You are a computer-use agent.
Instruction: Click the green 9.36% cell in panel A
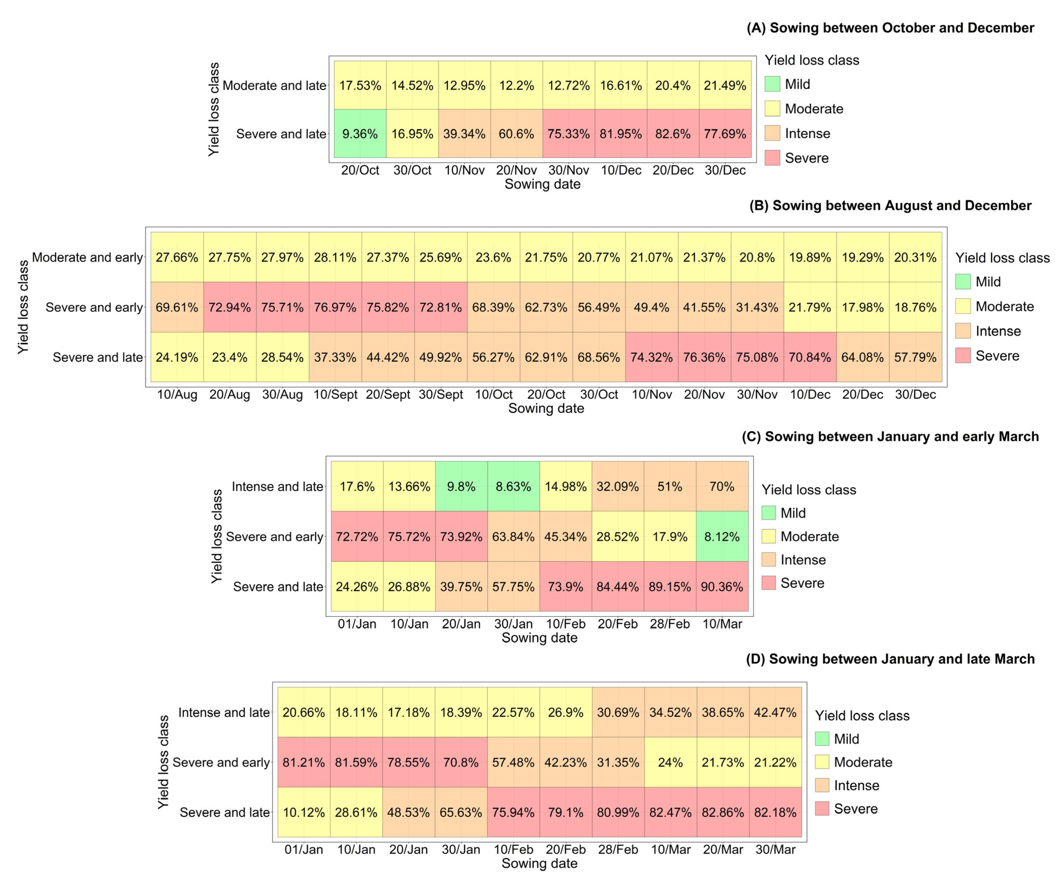pyautogui.click(x=360, y=134)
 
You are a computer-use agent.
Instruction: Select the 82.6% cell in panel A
pyautogui.click(x=673, y=134)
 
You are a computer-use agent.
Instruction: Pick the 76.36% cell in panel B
pyautogui.click(x=704, y=357)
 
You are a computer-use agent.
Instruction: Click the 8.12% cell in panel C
pyautogui.click(x=722, y=536)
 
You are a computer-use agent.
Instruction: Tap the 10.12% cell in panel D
pyautogui.click(x=303, y=812)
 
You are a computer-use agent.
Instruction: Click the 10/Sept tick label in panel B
pyautogui.click(x=335, y=394)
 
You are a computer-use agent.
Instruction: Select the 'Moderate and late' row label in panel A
pyautogui.click(x=274, y=85)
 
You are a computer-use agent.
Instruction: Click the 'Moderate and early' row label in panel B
pyautogui.click(x=87, y=257)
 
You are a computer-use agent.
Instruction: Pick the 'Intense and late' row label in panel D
pyautogui.click(x=224, y=712)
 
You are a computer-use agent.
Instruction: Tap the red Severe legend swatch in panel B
pyautogui.click(x=963, y=356)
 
